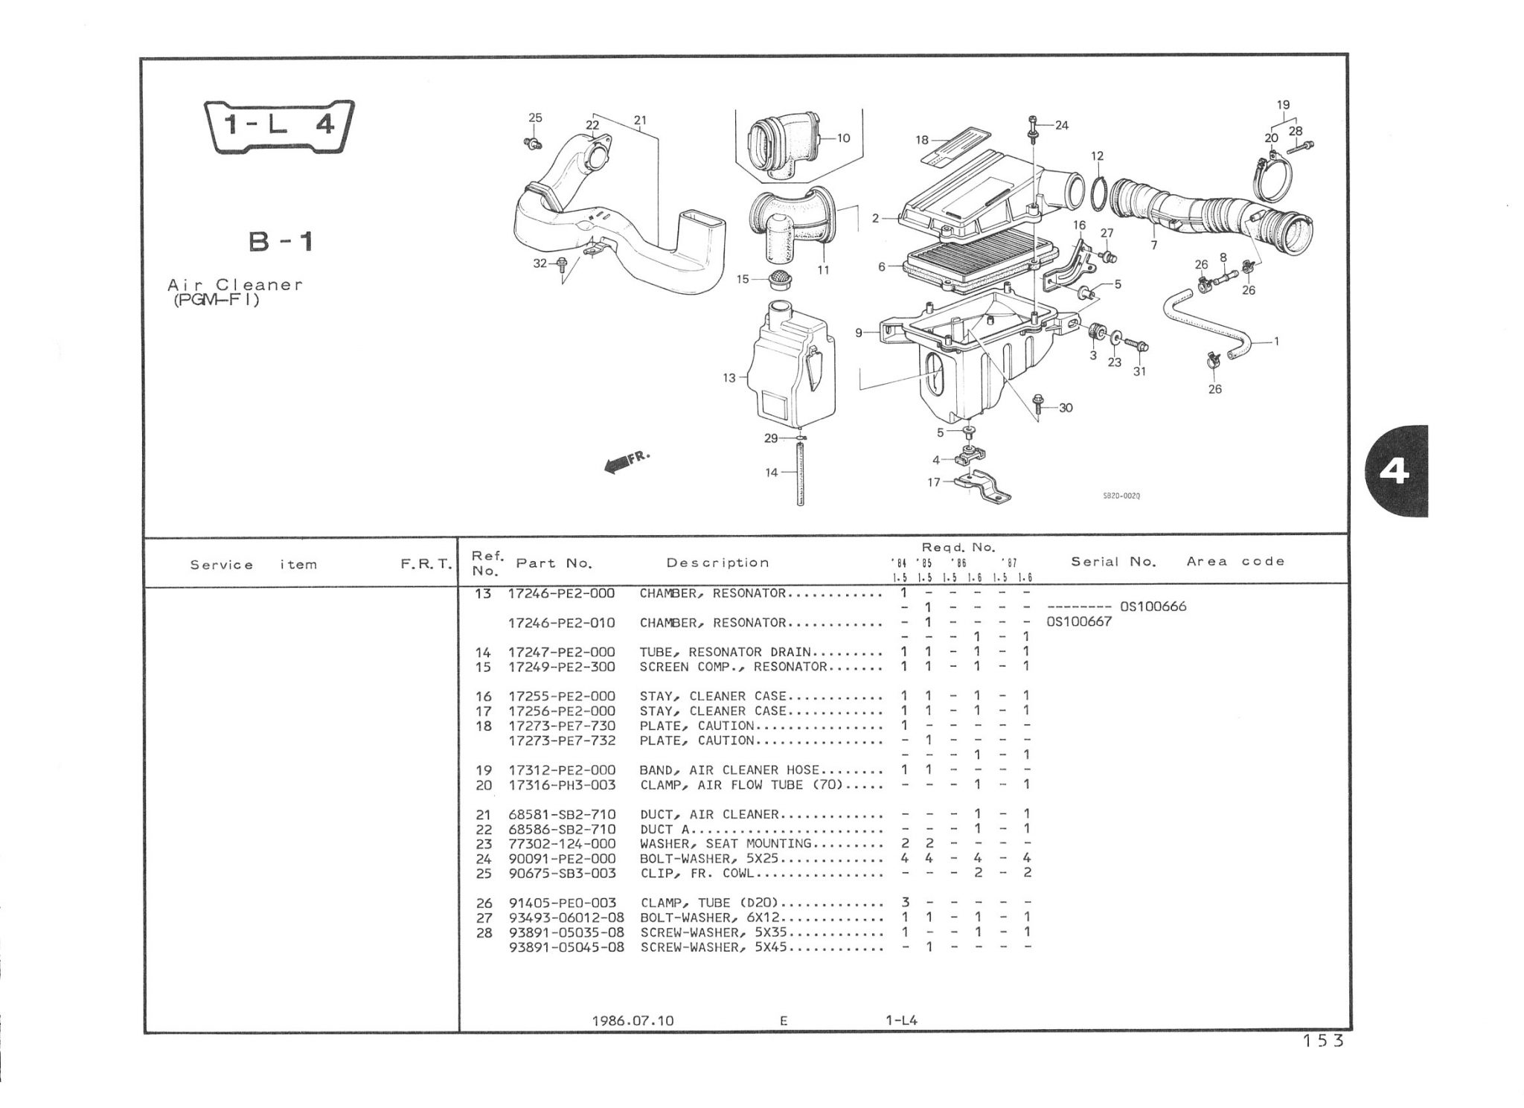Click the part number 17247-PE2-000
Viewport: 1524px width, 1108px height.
562,652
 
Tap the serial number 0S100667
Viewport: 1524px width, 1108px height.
1078,621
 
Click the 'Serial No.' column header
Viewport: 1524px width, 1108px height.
1113,562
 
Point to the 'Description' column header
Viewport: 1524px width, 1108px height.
717,563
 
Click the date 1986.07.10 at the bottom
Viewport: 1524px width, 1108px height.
633,1020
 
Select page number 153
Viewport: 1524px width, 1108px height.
1323,1041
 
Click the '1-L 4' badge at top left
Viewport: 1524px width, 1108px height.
280,125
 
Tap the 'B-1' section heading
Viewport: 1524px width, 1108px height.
280,241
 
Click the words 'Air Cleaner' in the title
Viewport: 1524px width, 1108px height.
235,284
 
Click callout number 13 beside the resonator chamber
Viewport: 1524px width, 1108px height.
729,378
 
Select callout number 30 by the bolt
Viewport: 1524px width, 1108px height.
1066,408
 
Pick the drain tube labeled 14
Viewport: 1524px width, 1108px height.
801,473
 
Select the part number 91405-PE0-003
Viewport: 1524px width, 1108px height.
563,903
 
